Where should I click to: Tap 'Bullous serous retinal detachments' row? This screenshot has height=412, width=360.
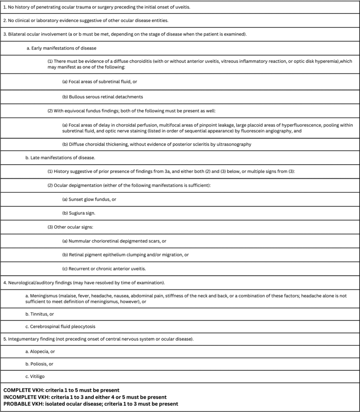103,97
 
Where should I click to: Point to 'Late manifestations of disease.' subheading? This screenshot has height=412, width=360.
60,158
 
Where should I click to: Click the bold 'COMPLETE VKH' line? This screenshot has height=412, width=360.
61,390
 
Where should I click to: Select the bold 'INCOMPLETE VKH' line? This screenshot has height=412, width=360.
85,397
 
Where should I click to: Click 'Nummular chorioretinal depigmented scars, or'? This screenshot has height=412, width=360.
114,241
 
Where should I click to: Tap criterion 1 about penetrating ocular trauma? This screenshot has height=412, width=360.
97,7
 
